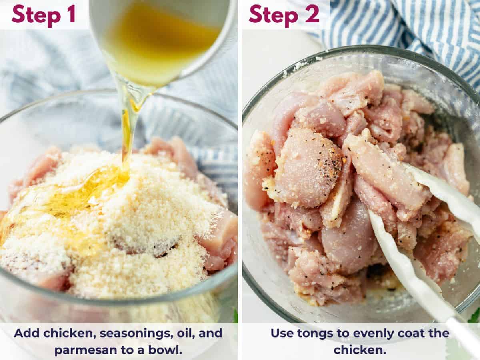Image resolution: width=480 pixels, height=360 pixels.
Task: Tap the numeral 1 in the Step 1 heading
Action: (71, 14)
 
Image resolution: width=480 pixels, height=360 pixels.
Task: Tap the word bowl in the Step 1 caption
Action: (168, 350)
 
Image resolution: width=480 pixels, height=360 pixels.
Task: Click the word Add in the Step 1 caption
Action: (27, 333)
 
